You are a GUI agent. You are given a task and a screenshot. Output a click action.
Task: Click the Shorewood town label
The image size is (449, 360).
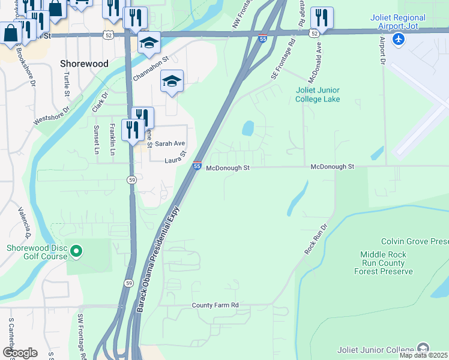point(84,63)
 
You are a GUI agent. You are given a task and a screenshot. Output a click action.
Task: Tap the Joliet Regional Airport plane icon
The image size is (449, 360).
point(397,38)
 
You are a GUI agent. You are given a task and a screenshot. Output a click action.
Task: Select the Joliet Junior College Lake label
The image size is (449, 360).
point(318,95)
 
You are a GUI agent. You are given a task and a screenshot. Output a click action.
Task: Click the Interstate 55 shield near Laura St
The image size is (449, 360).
point(197,166)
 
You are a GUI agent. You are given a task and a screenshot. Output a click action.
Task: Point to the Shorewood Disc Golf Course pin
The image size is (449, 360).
point(76,252)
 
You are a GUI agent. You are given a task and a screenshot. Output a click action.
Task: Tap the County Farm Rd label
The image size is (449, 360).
point(215,305)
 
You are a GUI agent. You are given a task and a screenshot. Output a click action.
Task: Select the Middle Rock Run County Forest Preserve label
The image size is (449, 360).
point(387,263)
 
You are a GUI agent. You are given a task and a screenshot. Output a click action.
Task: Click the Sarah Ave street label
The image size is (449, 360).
point(170,144)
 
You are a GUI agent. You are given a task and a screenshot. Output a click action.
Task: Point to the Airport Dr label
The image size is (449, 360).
point(382,50)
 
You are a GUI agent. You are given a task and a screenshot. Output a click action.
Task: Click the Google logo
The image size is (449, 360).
point(20,353)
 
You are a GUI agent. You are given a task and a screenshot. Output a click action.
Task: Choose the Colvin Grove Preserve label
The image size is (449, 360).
point(414,241)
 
